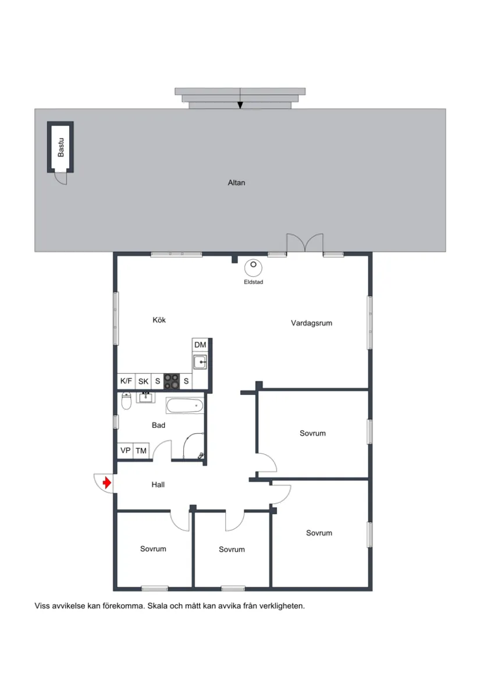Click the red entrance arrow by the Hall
coord(107,482)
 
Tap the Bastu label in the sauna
coord(61,148)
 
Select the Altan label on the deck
coord(236,183)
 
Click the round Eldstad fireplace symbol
coord(253,267)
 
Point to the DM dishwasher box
coord(200,345)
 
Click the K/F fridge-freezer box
coord(126,381)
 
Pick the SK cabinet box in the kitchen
coord(143,381)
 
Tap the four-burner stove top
coord(172,381)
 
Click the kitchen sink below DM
coord(200,362)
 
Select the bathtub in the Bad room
coord(185,406)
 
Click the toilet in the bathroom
coord(126,401)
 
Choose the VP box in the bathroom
coord(125,451)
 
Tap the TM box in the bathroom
coord(141,451)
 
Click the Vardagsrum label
coord(312,323)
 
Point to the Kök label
coord(159,320)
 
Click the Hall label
coord(158,485)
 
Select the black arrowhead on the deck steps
coord(240,105)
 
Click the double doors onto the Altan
coord(305,242)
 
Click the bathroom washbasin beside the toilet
coord(146,397)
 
